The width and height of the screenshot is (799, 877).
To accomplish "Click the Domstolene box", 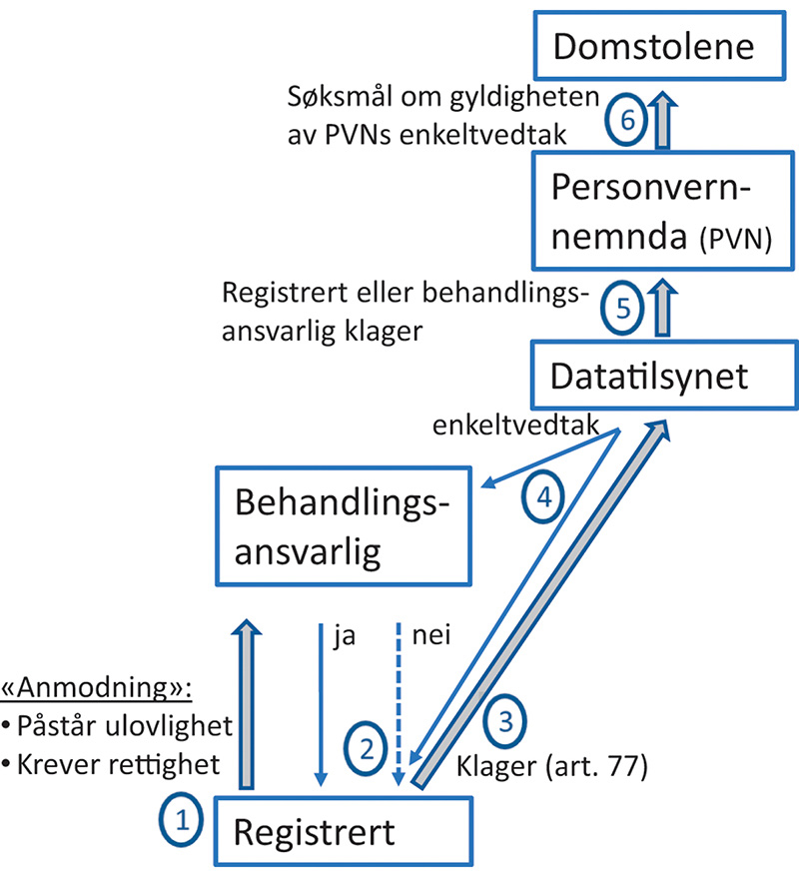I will [x=655, y=47].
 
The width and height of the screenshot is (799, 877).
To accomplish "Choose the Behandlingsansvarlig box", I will [x=343, y=526].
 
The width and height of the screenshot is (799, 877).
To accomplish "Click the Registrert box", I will [x=343, y=831].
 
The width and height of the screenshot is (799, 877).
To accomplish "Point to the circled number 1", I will [x=182, y=822].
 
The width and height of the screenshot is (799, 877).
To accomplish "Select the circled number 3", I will [x=505, y=720].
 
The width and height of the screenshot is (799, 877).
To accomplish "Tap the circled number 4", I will [x=543, y=498].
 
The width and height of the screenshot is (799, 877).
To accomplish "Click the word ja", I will [x=346, y=636].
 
